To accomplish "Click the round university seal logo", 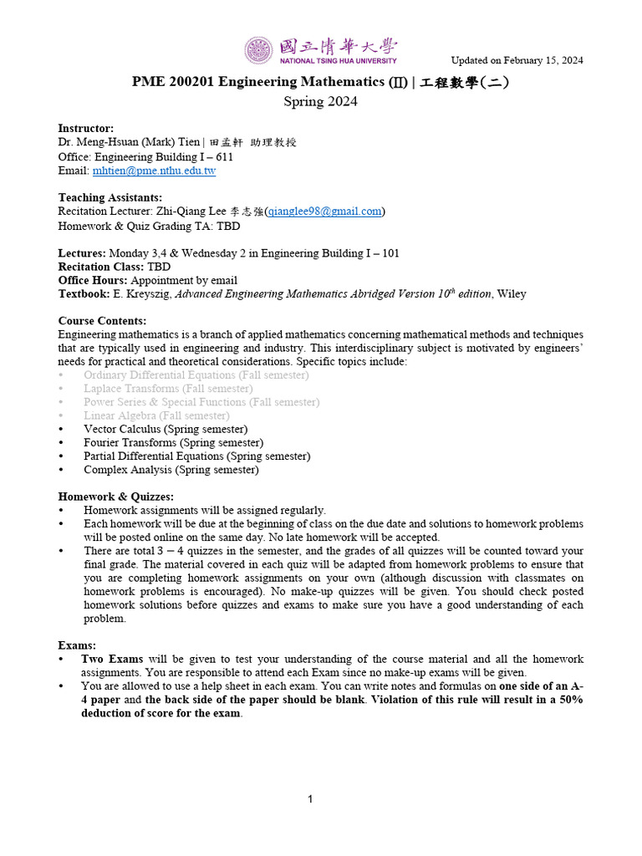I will pyautogui.click(x=258, y=50).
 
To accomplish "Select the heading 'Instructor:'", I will pyautogui.click(x=85, y=129).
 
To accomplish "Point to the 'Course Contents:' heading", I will pyautogui.click(x=102, y=321).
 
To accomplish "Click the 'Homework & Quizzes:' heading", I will pyautogui.click(x=115, y=497).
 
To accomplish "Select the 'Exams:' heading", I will pyautogui.click(x=77, y=645).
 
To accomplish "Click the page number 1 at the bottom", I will pyautogui.click(x=310, y=800).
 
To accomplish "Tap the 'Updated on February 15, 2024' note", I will pyautogui.click(x=517, y=60).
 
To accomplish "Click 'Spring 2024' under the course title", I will pyautogui.click(x=320, y=102).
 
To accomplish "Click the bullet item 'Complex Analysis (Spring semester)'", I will pyautogui.click(x=171, y=470).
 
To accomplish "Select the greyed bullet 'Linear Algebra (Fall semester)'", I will pyautogui.click(x=156, y=415).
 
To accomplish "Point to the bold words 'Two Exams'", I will pyautogui.click(x=107, y=660).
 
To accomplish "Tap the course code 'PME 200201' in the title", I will pyautogui.click(x=167, y=82).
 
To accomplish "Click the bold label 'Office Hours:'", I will pyautogui.click(x=92, y=280).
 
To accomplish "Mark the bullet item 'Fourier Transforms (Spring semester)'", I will pyautogui.click(x=173, y=442).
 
